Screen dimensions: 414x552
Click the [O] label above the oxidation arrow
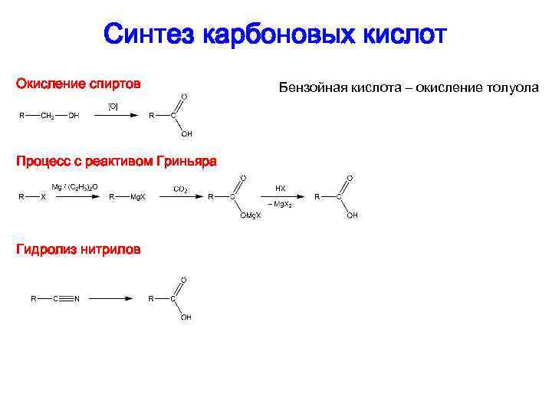pos(113,106)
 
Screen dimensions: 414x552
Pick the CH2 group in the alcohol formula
pos(47,117)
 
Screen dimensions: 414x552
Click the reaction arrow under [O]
pos(114,117)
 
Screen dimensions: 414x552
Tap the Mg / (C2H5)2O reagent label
pos(74,187)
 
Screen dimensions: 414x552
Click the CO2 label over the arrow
pos(182,188)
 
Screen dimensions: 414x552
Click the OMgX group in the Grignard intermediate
pos(250,215)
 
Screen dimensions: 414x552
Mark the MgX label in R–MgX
pos(138,197)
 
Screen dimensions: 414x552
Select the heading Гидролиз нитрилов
pos(78,249)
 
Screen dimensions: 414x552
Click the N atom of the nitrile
pos(78,298)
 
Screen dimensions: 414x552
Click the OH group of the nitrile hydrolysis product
pos(186,317)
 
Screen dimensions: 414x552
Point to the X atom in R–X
pos(43,197)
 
